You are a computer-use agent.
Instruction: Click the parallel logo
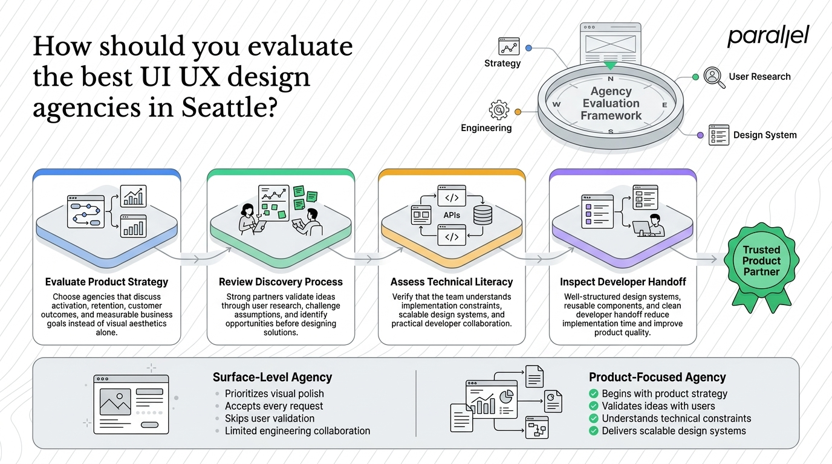point(768,36)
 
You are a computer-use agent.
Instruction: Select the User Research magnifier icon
point(714,77)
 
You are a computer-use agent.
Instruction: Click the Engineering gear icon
point(499,110)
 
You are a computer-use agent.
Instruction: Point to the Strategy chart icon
point(509,47)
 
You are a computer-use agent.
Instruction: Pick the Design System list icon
point(719,135)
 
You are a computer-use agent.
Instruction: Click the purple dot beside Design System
point(700,135)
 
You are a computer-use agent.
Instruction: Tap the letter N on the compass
point(611,79)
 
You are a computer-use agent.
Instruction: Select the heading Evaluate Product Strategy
point(106,282)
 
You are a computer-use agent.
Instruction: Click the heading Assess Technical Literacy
point(452,282)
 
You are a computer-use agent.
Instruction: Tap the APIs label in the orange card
point(452,215)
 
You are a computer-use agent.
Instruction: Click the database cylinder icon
point(483,215)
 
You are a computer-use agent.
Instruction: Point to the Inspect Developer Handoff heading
point(623,282)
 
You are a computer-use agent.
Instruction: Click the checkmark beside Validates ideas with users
point(594,406)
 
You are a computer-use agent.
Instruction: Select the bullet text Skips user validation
point(270,418)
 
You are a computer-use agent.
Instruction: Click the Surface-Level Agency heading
point(272,377)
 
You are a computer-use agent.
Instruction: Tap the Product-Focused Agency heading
point(657,377)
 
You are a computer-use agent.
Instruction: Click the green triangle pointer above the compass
point(610,66)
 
